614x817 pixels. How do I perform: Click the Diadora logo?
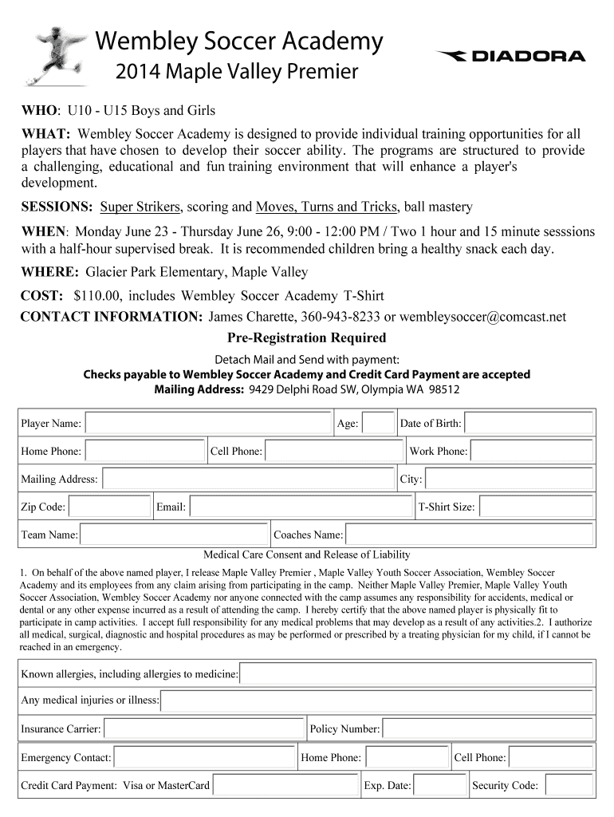pos(511,56)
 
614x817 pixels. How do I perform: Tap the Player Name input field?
pos(207,424)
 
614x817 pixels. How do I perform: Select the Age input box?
pos(378,424)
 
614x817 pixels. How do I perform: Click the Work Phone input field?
pos(532,452)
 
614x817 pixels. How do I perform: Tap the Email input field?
pos(301,507)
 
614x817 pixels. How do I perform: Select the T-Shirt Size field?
pos(536,507)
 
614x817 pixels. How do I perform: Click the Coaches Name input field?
pos(470,535)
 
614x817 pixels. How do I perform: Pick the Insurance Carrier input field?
pos(204,728)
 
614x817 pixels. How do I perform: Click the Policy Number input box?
pos(487,728)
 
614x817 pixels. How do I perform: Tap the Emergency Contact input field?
pos(204,757)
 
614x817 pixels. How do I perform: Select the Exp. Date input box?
pos(439,785)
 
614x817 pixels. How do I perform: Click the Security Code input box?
pos(568,785)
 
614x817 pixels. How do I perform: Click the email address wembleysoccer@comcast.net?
pos(482,317)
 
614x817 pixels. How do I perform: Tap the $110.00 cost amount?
pos(97,295)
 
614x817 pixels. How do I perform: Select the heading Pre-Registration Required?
pos(307,337)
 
